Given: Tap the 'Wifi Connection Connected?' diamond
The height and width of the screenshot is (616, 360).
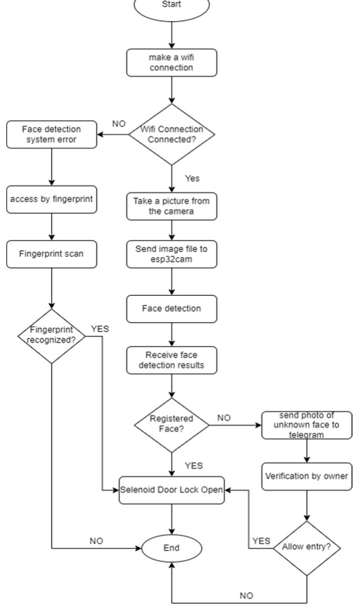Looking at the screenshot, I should click(172, 135).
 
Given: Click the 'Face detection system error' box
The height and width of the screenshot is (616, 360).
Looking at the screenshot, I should click(52, 134).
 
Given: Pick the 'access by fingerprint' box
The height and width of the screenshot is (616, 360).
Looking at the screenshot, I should click(52, 200).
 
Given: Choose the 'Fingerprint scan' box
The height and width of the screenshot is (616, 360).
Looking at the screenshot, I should click(52, 253).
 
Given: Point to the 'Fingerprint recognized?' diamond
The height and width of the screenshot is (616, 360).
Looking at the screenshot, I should click(52, 336).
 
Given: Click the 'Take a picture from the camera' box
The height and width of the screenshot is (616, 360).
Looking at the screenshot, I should click(172, 206).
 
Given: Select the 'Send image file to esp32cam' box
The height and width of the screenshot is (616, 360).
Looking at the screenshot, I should click(172, 254).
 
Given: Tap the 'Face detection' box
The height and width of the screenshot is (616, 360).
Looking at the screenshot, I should click(172, 308).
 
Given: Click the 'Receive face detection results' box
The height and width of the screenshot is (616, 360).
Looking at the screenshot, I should click(172, 360).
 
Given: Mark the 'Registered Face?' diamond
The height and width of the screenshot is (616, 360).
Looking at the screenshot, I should click(172, 424).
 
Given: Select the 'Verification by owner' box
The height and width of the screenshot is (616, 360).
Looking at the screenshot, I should click(307, 476).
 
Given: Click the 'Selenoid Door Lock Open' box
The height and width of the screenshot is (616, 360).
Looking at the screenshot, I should click(172, 490).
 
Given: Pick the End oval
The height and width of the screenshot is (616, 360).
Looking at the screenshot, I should click(172, 548).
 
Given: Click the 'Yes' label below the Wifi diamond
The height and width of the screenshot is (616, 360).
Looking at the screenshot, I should click(193, 178).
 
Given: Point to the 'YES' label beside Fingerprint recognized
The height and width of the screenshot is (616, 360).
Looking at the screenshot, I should click(100, 329).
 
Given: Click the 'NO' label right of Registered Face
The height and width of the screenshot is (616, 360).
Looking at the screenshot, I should click(224, 418).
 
